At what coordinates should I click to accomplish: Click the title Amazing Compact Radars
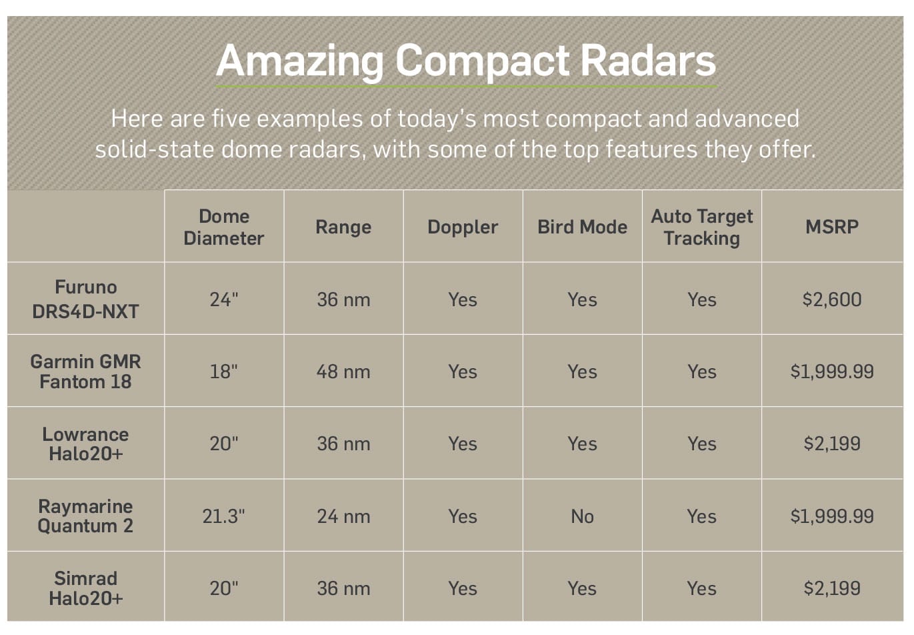[x=465, y=61]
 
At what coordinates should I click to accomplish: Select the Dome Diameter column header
[x=224, y=227]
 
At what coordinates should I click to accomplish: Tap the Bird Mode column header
[x=582, y=227]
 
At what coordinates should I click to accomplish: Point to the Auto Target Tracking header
[x=701, y=227]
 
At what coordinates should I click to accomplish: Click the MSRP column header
[x=831, y=227]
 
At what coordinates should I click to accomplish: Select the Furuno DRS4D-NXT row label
[x=85, y=299]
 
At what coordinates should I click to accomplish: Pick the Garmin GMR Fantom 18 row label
[x=85, y=372]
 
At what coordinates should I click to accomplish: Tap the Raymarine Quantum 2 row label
[x=85, y=516]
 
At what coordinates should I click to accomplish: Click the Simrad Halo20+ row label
[x=85, y=588]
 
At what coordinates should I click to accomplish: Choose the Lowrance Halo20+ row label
[x=85, y=444]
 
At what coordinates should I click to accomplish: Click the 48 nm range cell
[x=343, y=372]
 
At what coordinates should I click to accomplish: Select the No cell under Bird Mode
[x=582, y=516]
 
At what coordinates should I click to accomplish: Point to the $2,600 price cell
[x=831, y=299]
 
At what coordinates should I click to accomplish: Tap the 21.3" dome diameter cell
[x=224, y=516]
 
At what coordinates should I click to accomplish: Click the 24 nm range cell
[x=343, y=516]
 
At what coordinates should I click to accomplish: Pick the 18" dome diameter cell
[x=224, y=372]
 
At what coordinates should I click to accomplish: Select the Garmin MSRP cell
[x=831, y=372]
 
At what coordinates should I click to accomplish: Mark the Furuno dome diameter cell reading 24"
[x=224, y=299]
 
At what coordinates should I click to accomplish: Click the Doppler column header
[x=463, y=227]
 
